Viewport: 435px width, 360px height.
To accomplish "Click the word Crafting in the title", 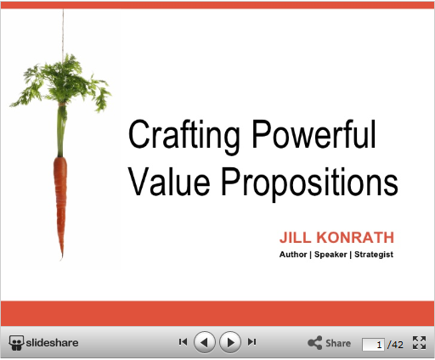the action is (x=184, y=137).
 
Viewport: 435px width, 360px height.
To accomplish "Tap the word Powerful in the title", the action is (x=314, y=133).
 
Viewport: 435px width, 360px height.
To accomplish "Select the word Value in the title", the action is (x=169, y=181).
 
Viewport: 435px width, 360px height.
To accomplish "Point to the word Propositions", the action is (x=309, y=184).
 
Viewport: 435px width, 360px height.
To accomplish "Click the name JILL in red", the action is (x=295, y=237).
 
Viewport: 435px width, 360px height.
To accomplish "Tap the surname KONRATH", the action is (x=355, y=237).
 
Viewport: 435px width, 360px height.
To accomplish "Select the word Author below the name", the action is (x=293, y=255).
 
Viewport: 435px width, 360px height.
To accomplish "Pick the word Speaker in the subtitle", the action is (x=330, y=255).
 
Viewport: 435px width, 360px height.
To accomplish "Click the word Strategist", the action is (x=374, y=255).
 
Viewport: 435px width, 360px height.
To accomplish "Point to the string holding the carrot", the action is (x=63, y=31).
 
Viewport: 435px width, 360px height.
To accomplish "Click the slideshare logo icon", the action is (x=16, y=343).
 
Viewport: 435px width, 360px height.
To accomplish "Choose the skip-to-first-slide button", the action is (x=183, y=342).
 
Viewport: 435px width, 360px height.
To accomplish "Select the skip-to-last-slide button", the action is (x=251, y=342).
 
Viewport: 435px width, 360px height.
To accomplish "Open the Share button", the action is (x=329, y=343).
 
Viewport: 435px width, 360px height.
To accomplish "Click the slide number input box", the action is (x=373, y=345).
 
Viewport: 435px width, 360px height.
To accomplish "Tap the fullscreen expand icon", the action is (x=419, y=343).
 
